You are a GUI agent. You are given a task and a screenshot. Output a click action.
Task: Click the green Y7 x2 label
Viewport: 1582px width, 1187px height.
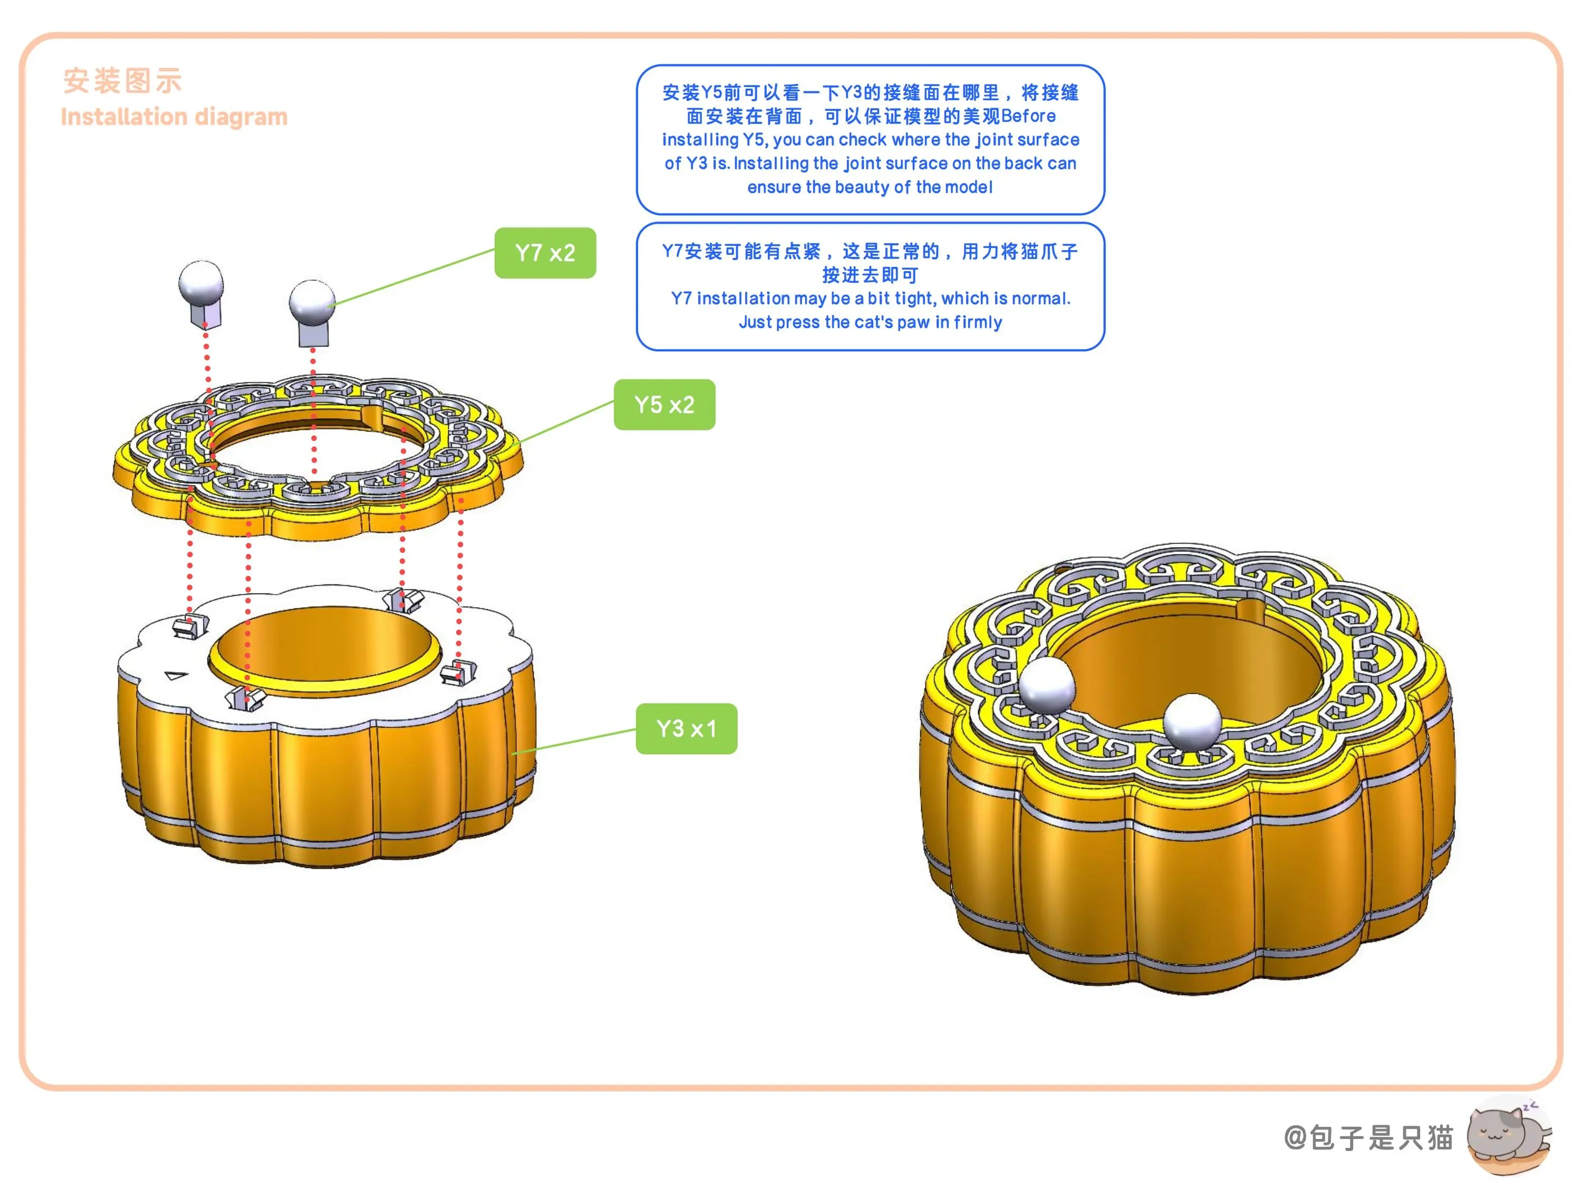545,253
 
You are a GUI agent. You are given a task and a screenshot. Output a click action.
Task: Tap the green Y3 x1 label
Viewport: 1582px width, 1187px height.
687,729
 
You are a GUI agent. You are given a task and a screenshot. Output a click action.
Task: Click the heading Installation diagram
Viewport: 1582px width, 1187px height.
174,117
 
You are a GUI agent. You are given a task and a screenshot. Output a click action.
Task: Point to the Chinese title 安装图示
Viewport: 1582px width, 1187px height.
122,81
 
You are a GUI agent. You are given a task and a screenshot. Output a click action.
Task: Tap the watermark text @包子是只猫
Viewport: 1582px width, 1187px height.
1368,1137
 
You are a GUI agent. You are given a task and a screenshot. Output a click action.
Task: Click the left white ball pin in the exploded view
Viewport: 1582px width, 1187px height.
201,293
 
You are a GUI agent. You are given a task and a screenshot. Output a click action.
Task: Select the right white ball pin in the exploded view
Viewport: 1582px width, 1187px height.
313,312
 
